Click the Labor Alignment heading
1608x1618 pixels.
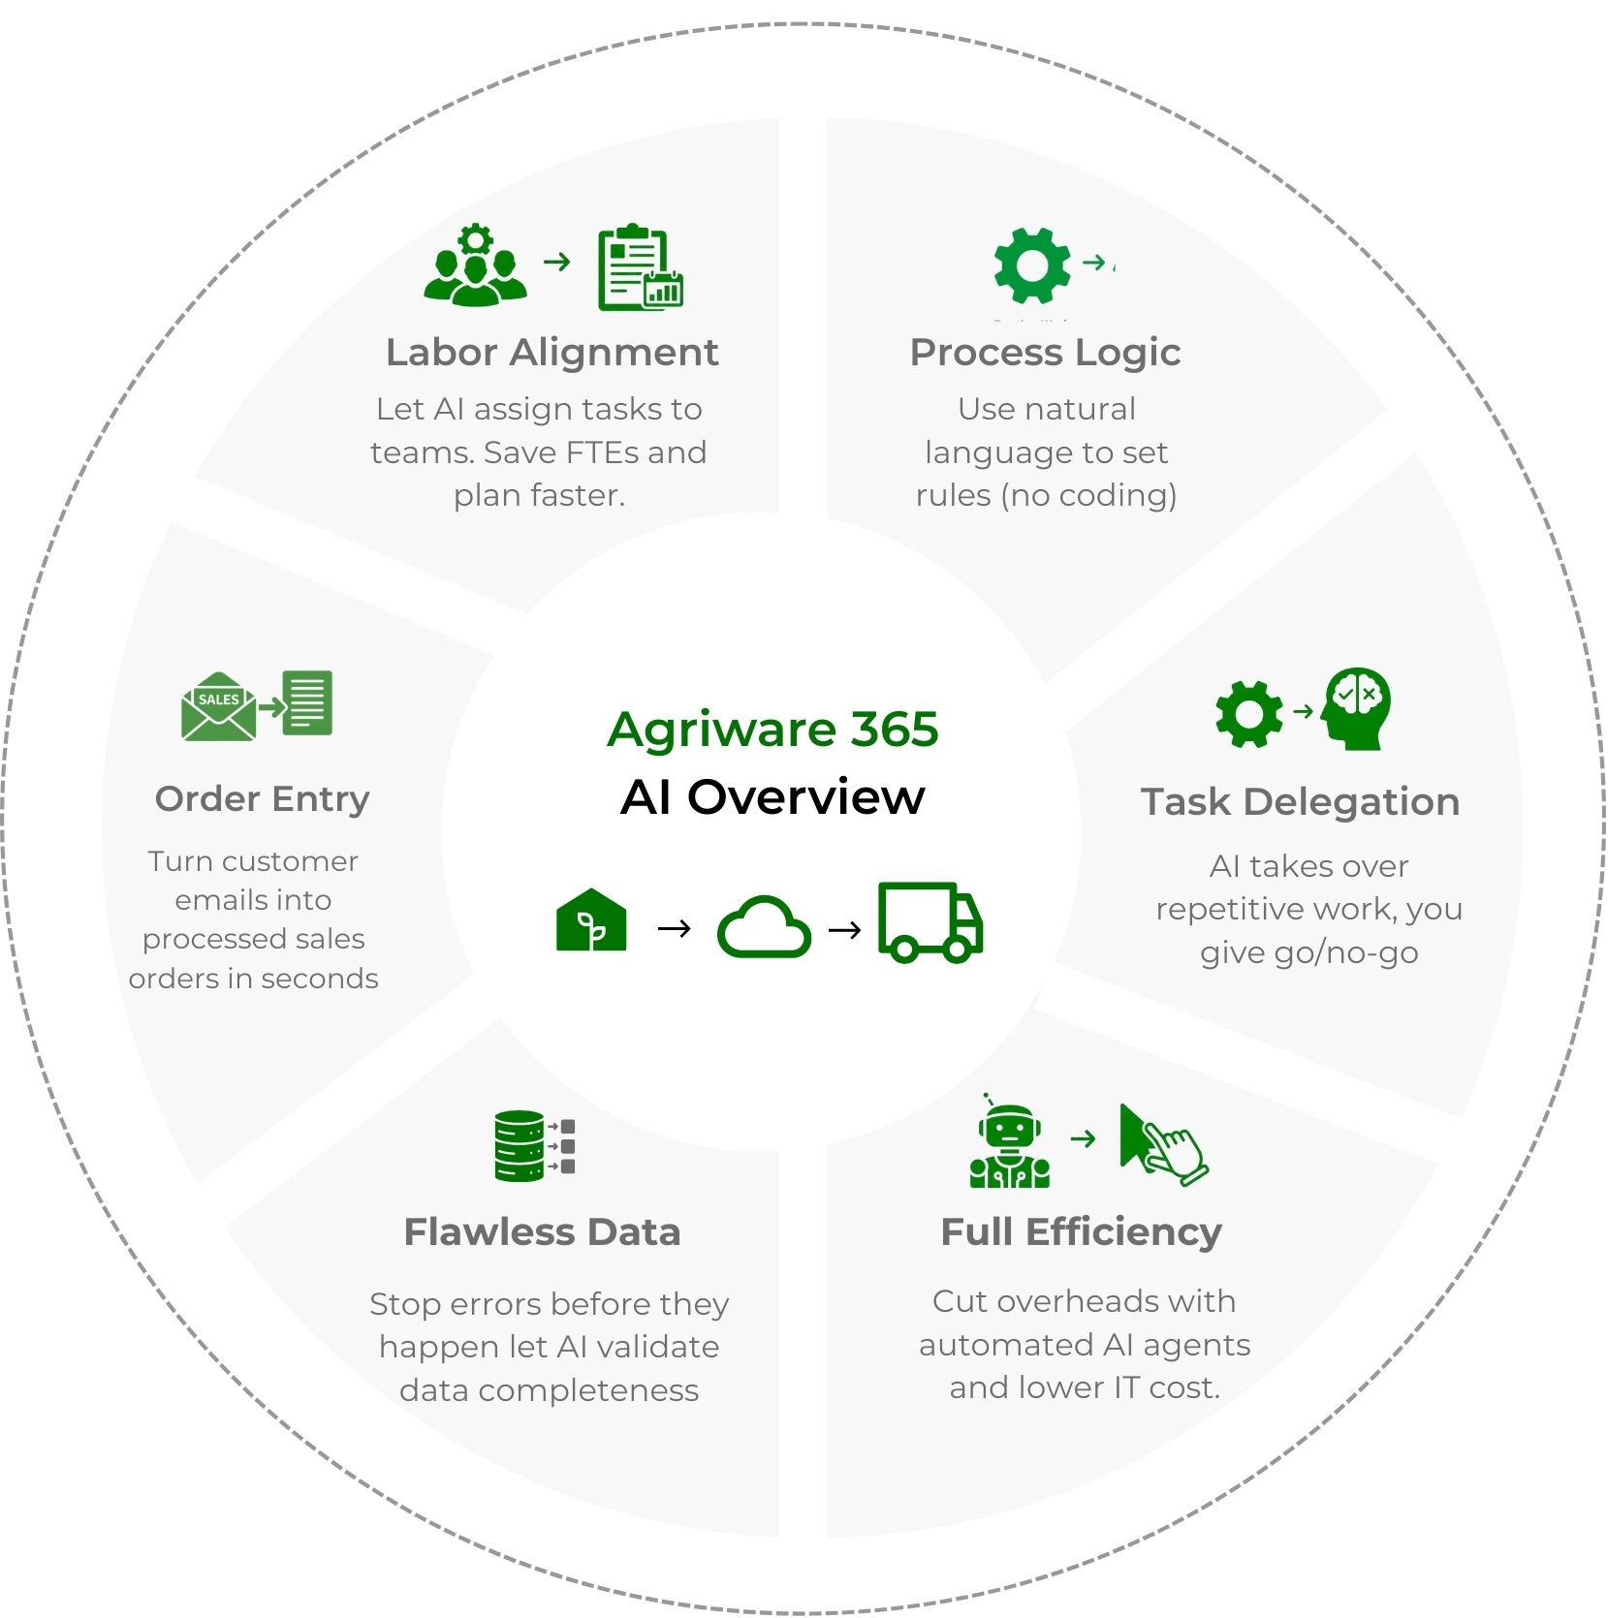(x=552, y=353)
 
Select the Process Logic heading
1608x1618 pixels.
(x=1045, y=353)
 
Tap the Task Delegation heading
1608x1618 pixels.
(x=1300, y=802)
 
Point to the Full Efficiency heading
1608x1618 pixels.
(x=1081, y=1232)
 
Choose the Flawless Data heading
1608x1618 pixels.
(x=542, y=1232)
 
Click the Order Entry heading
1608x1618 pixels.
(x=262, y=799)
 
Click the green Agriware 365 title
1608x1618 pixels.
(x=772, y=730)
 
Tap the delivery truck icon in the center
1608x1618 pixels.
(x=930, y=921)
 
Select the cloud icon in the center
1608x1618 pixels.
(x=764, y=927)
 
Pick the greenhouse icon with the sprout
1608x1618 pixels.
(x=591, y=920)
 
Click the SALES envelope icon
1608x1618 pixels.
(x=219, y=707)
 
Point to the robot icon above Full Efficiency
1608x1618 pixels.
(x=1009, y=1146)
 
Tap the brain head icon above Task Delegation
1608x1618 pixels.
(x=1357, y=707)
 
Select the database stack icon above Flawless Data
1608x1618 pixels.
(x=520, y=1145)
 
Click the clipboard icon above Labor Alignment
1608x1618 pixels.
(x=638, y=268)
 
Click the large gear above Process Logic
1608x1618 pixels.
(x=1032, y=264)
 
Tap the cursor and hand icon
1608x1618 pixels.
(x=1162, y=1144)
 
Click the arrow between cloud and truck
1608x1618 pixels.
(x=845, y=930)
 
